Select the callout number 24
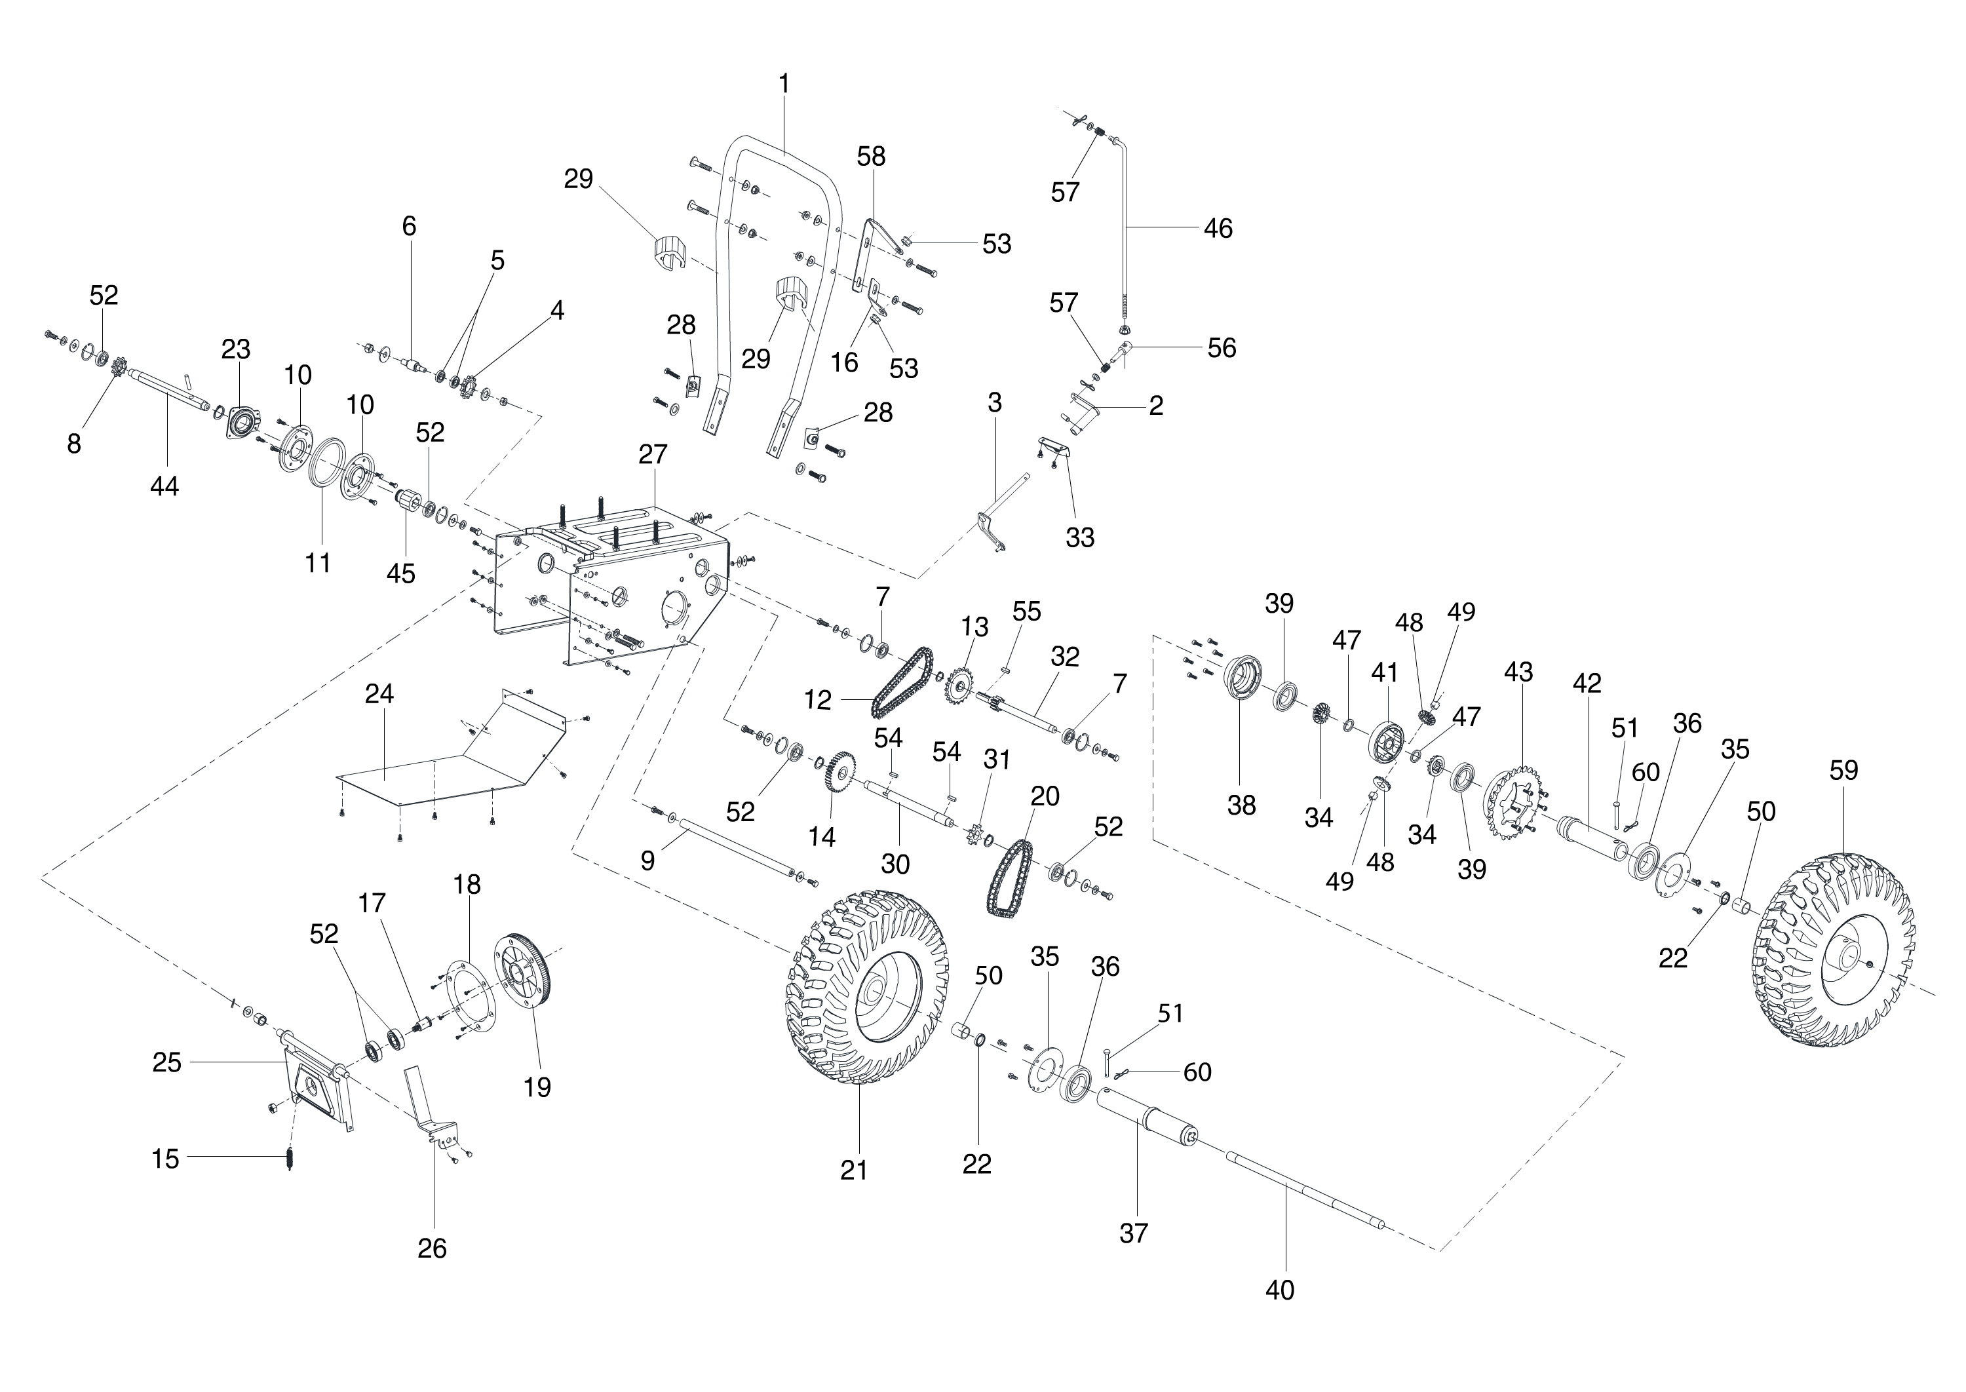(379, 693)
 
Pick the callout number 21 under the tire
(854, 1169)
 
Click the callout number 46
(1218, 228)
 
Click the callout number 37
(1133, 1233)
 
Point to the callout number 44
(164, 486)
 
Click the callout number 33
(1080, 537)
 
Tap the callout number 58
(871, 156)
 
